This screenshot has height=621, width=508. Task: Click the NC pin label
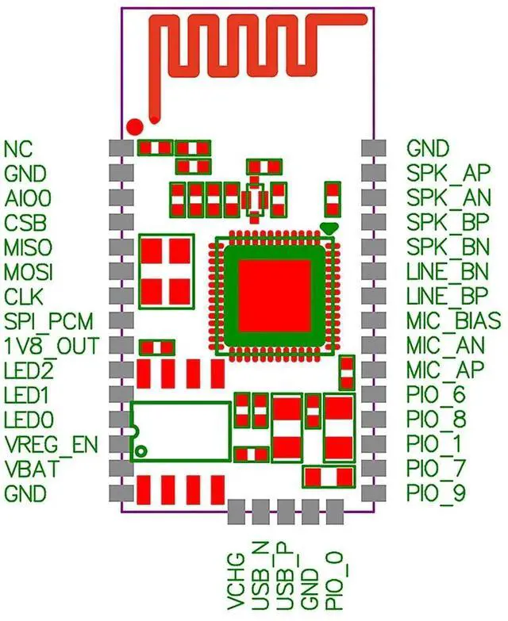coord(18,148)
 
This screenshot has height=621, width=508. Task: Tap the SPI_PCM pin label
coord(48,321)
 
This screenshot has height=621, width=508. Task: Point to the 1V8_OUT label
coord(51,346)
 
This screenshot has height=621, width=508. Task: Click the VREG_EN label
coord(51,444)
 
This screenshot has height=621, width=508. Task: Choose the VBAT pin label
coord(29,469)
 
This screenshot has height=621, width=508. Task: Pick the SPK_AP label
coord(448,172)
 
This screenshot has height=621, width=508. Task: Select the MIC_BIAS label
coord(453,320)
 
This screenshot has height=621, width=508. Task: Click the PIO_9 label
coord(436,493)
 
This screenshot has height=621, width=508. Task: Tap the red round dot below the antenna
coord(135,126)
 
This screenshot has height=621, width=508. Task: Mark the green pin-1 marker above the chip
coord(329,228)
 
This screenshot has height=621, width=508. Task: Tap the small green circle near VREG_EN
coord(141,451)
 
